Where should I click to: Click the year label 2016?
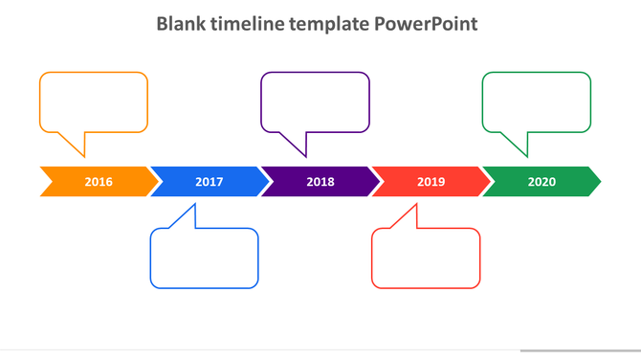tap(99, 181)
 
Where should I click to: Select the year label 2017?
tap(210, 181)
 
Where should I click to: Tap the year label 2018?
tap(320, 181)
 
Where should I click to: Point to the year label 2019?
tap(431, 181)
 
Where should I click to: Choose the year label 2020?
tap(542, 181)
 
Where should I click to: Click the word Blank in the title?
tap(181, 23)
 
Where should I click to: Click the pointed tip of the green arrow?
tap(599, 181)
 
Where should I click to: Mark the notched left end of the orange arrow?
tap(46, 181)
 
